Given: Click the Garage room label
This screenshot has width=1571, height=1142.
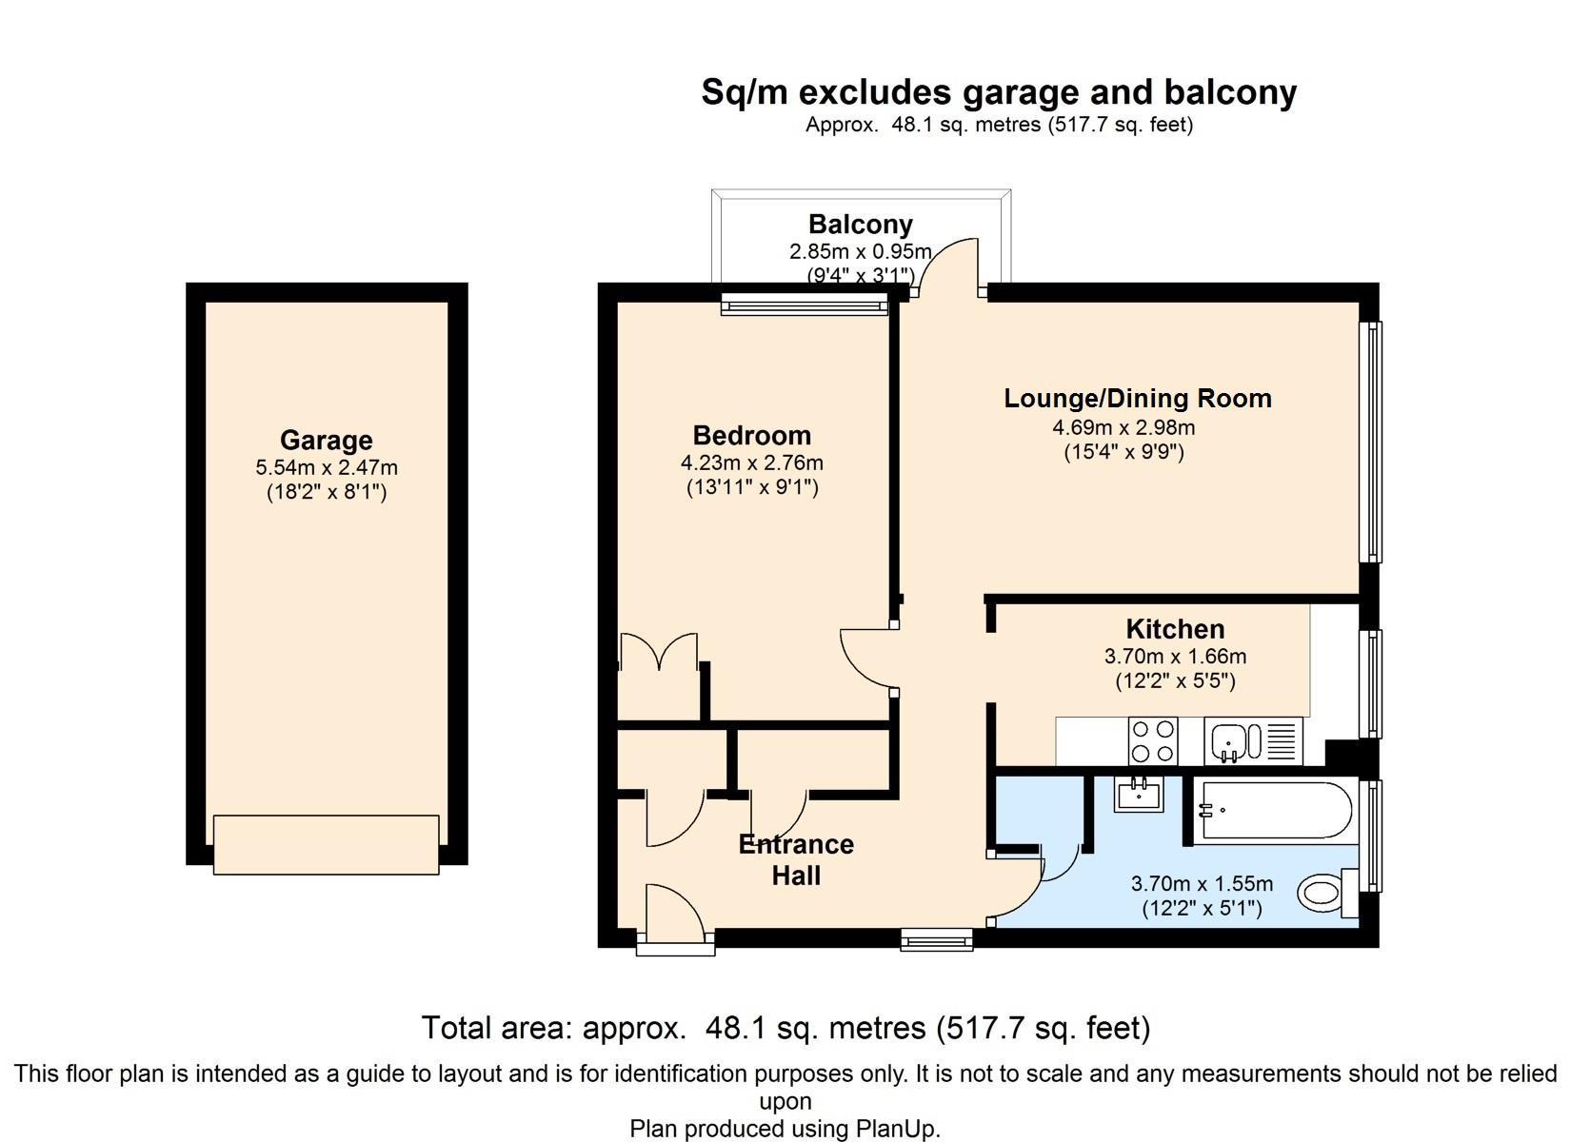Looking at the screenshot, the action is point(327,441).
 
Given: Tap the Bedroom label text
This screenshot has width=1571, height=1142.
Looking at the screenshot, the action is point(752,435).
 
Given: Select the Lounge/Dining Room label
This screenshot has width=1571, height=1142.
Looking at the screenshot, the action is point(1138,398).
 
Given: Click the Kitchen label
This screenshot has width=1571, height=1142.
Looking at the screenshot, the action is point(1176,629).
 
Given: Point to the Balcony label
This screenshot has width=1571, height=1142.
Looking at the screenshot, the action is point(861,225).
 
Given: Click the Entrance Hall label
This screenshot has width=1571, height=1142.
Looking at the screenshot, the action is point(796,859).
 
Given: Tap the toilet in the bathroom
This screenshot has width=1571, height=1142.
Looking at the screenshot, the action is point(1327,893).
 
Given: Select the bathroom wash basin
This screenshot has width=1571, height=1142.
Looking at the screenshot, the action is point(1139,794).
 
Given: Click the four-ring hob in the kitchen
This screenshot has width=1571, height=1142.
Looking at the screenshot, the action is point(1153,741).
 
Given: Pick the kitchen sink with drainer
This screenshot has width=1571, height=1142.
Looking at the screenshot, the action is point(1253,741).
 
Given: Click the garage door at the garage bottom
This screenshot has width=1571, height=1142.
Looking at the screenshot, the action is point(327,845).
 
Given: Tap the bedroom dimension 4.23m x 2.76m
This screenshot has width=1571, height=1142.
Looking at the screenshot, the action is point(752,463).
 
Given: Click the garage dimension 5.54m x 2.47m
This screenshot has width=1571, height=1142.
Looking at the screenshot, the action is point(327,467).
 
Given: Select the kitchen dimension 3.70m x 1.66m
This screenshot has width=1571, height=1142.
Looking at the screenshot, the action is point(1176,657).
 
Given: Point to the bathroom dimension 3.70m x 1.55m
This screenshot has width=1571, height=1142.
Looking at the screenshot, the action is point(1203,883).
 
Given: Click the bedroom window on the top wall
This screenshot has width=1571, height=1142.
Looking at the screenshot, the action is point(805,305).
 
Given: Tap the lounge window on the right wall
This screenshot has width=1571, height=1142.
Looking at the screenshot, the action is point(1371,442).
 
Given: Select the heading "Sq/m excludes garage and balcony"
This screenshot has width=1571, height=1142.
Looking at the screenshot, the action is point(1000,92).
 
